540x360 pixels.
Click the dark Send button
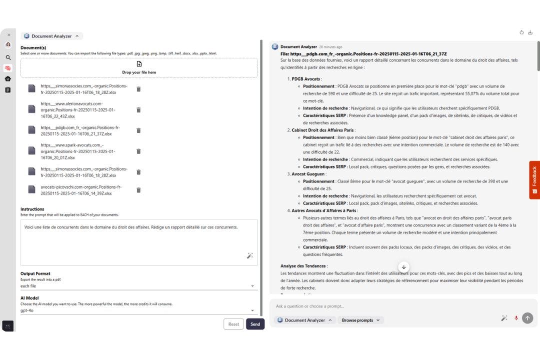(x=255, y=324)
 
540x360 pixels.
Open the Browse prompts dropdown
(x=360, y=320)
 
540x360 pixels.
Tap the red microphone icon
(x=516, y=318)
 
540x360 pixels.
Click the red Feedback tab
(x=534, y=180)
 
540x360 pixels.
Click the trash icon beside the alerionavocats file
(x=138, y=109)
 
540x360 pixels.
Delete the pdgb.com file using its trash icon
(x=138, y=130)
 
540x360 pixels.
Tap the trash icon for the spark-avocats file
(x=138, y=151)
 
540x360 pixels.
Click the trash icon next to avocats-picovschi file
(x=138, y=190)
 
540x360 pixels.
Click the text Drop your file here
(x=139, y=72)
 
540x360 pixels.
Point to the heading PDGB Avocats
(x=306, y=79)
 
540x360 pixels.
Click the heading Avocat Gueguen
(x=308, y=174)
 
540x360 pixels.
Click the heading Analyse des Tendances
(x=304, y=266)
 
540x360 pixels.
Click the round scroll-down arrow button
(x=404, y=267)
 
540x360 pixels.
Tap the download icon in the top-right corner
(x=530, y=32)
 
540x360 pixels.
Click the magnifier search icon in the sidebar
(x=8, y=57)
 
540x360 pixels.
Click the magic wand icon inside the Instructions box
(x=250, y=255)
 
